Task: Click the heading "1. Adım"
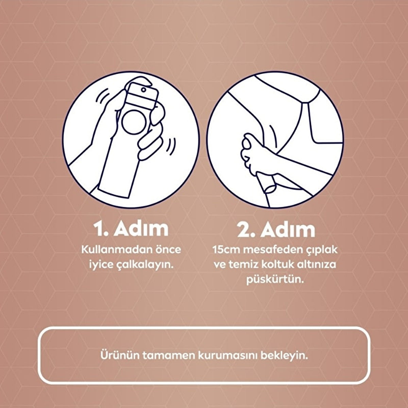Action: pos(131,229)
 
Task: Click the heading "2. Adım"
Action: pos(276,229)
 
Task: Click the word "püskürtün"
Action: pos(275,280)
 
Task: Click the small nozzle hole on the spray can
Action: pos(143,90)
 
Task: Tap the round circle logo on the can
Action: pos(134,122)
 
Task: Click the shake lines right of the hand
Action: pos(171,147)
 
